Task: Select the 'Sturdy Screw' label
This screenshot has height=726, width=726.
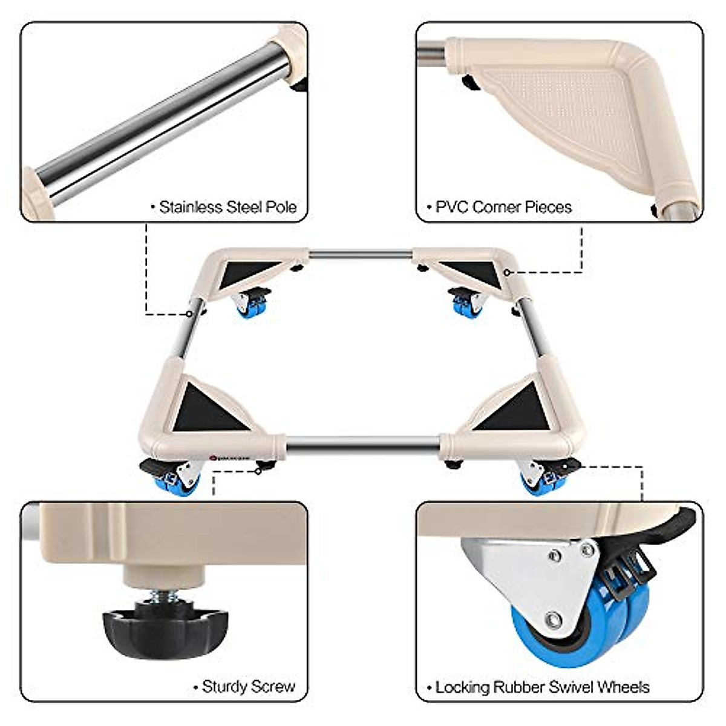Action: click(249, 686)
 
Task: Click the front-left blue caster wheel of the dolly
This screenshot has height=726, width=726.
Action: click(180, 483)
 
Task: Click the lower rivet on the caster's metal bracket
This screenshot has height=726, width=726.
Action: click(553, 620)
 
